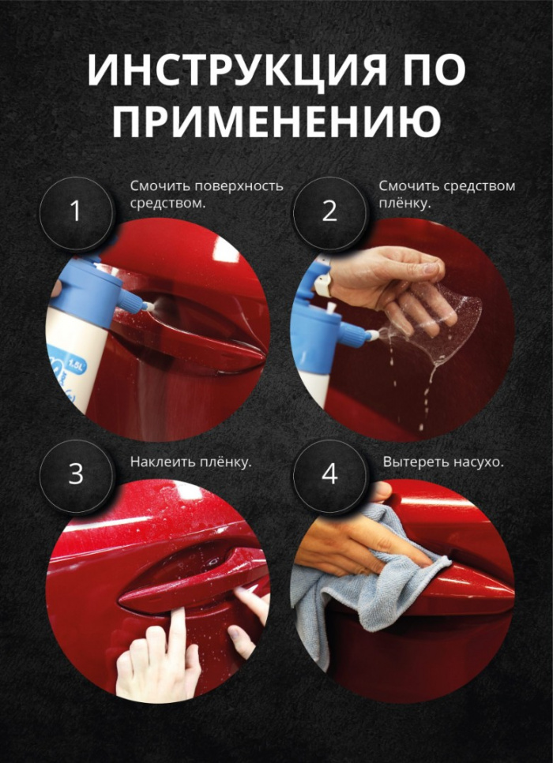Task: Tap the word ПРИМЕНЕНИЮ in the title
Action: point(276,123)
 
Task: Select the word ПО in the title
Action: point(432,70)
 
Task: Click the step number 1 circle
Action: point(76,211)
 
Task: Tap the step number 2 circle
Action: point(329,211)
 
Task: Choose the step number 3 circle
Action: point(76,474)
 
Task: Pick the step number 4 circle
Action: point(329,474)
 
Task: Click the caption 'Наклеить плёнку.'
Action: point(190,462)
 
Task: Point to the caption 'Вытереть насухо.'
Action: point(442,462)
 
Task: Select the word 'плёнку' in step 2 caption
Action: point(408,204)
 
